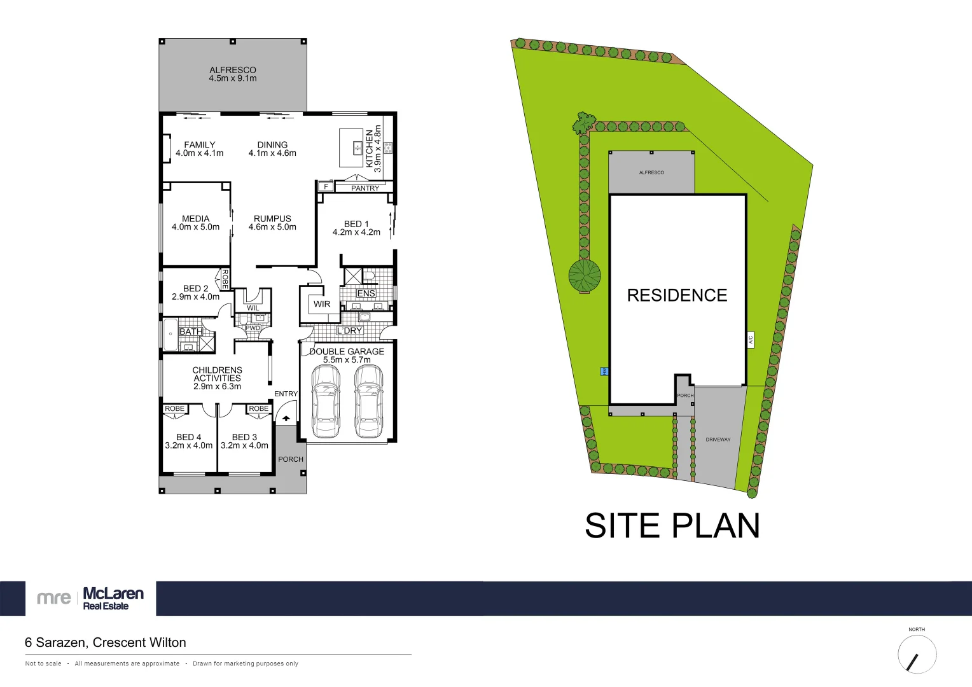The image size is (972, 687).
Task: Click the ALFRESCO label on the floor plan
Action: pos(233,70)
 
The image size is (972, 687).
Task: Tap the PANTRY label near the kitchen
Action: pos(365,188)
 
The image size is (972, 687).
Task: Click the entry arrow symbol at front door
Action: pos(286,418)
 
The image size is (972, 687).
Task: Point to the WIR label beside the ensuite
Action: pos(322,304)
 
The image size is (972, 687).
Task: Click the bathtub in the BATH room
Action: pos(170,335)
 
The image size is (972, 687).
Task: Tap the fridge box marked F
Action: pos(326,187)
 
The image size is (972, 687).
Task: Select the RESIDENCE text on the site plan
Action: pos(677,295)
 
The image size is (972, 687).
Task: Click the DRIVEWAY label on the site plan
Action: pos(718,440)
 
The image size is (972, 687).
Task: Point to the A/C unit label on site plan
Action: pos(751,340)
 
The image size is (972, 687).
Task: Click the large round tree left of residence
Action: pos(585,276)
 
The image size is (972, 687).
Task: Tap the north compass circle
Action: pos(917,655)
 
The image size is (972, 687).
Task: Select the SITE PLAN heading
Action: pos(672,526)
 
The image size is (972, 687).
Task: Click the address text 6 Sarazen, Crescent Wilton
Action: pos(106,642)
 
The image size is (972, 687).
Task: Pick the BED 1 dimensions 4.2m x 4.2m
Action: pos(356,232)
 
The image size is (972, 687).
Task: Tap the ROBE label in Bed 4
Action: pos(174,409)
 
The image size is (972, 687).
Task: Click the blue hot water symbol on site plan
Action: pos(604,371)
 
